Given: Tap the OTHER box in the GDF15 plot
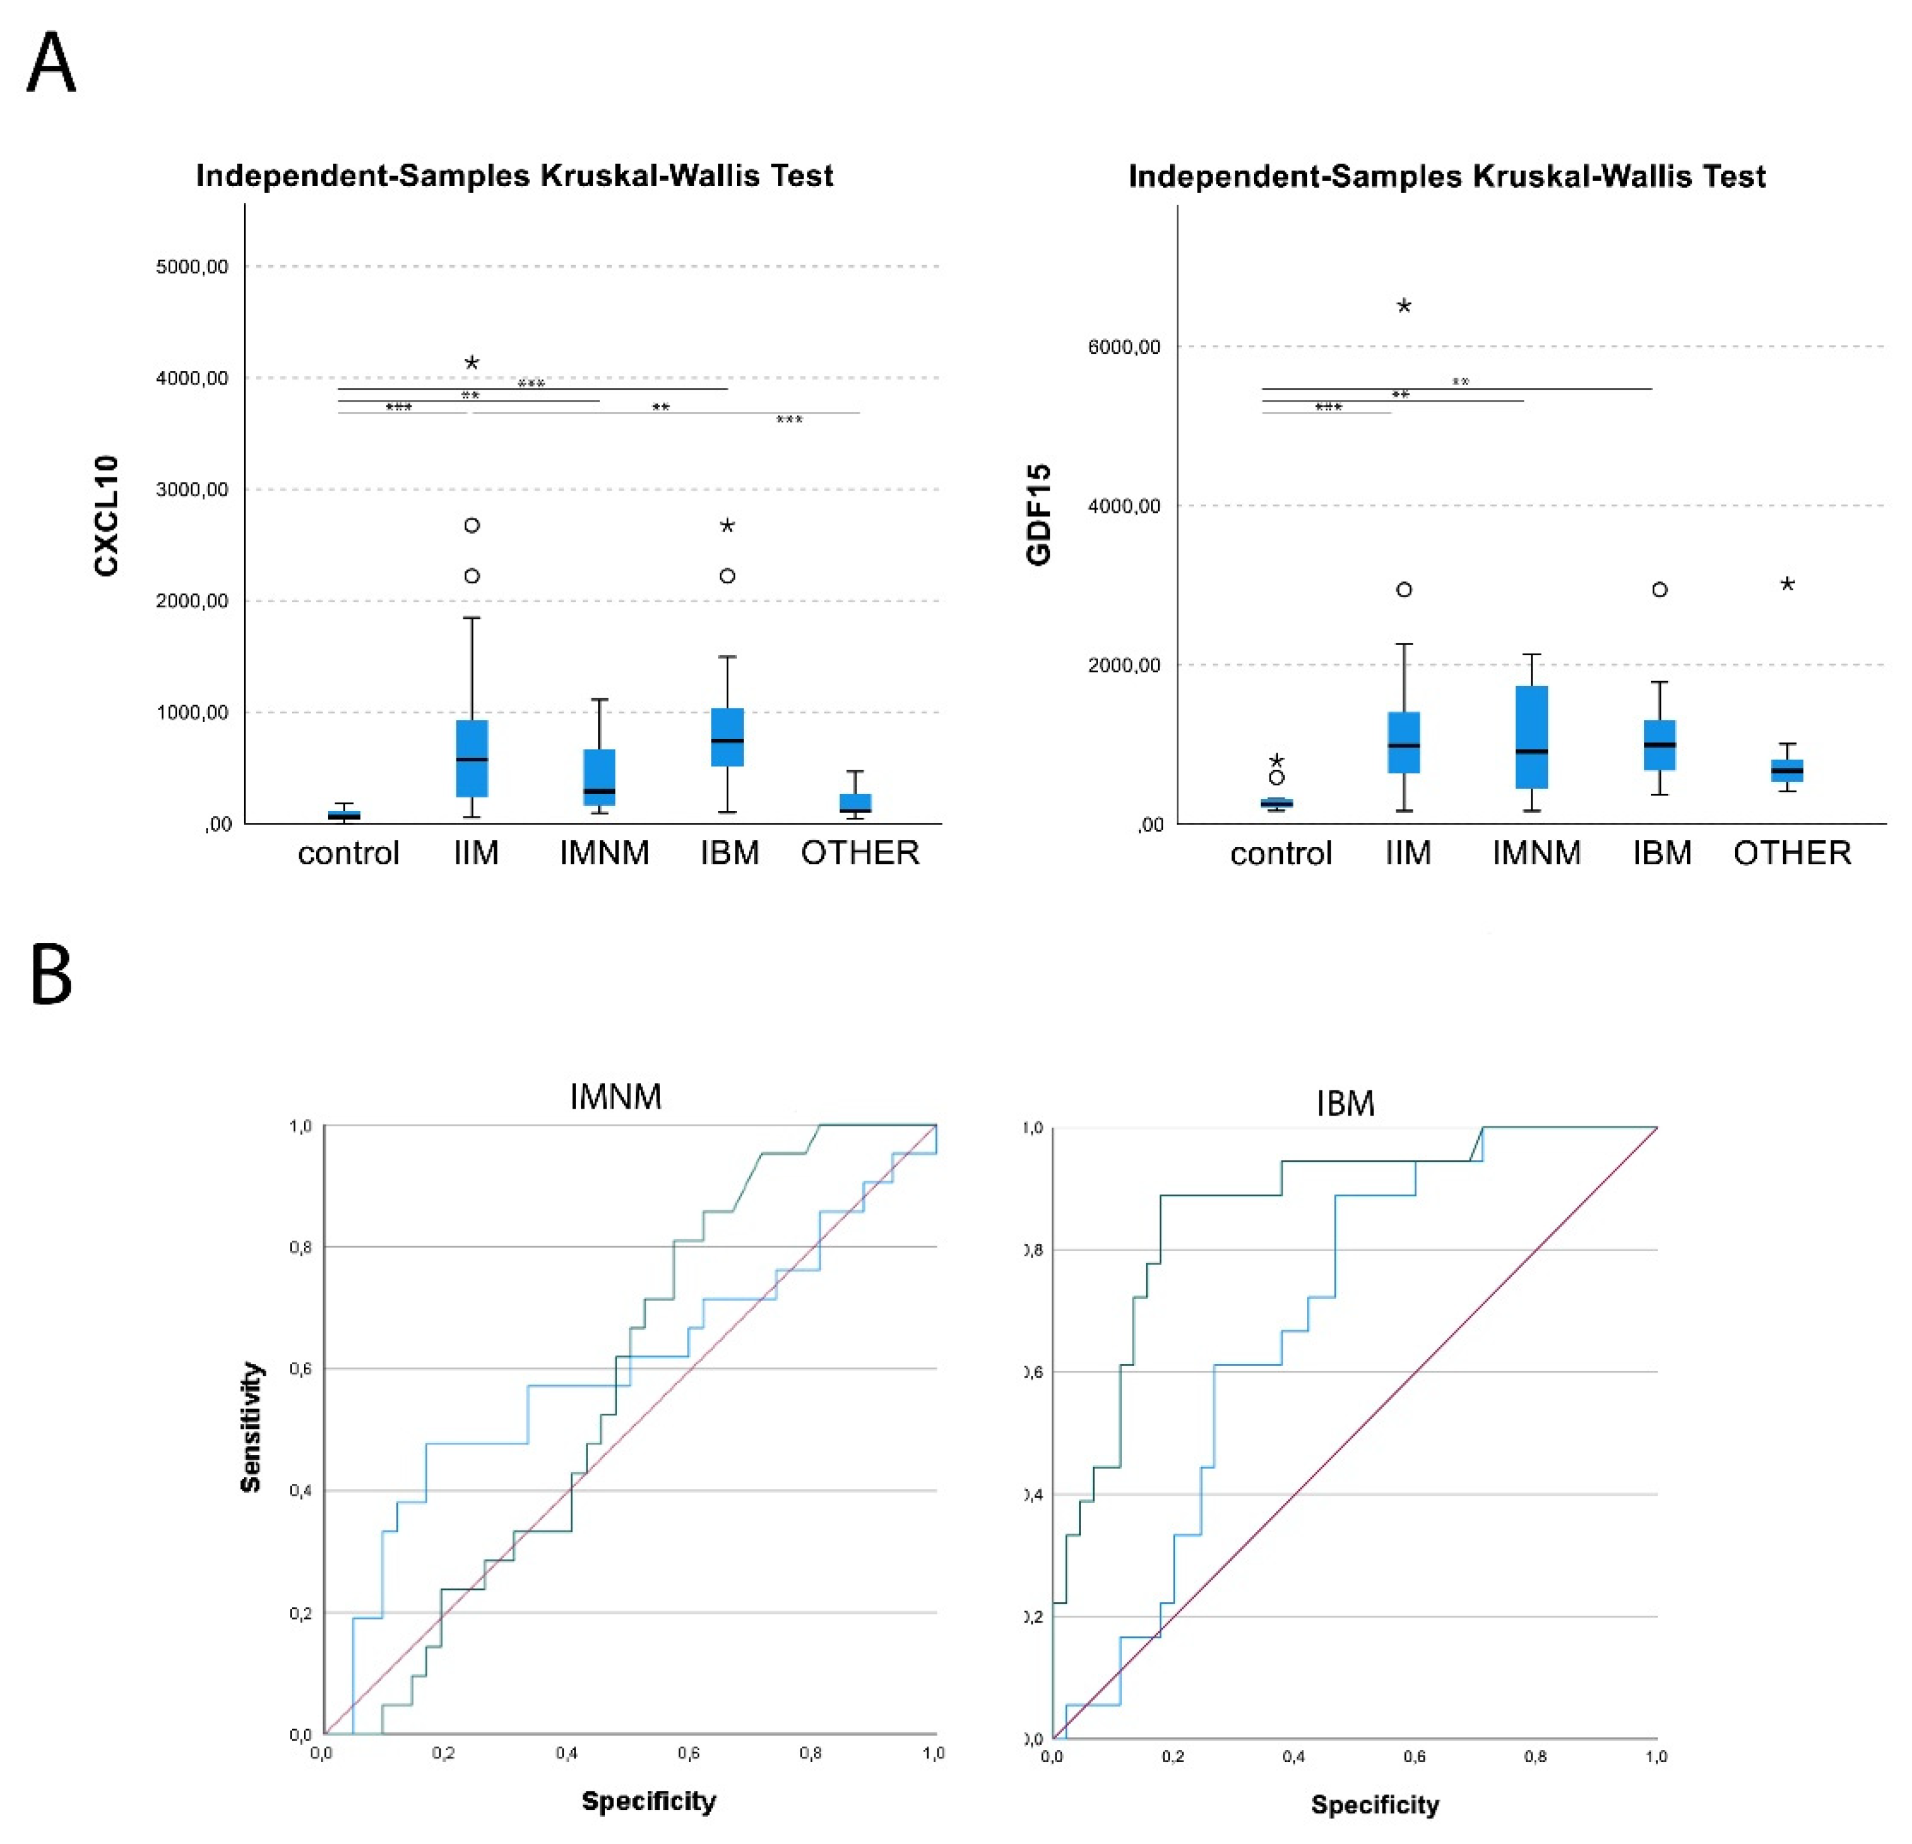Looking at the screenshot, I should point(1787,771).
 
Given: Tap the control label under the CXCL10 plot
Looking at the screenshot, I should point(348,854).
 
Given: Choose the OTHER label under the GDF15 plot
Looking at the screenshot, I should point(1792,854).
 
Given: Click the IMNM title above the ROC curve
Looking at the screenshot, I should point(615,1097).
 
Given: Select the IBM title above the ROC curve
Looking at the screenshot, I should point(1345,1104).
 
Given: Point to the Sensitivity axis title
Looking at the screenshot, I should point(252,1427).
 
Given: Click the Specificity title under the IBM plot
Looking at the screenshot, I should point(1374,1804).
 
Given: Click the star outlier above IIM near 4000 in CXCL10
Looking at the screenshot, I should point(472,363).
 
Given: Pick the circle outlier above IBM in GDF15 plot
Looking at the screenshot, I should point(1659,589).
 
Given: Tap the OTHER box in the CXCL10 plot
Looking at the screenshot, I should point(855,803).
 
